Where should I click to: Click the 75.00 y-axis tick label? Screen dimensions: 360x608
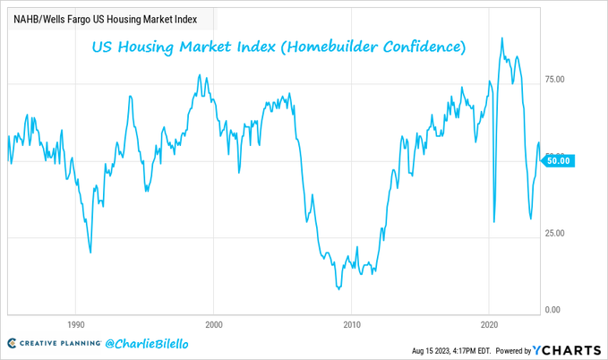coord(555,80)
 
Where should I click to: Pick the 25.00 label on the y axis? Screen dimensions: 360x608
coord(555,234)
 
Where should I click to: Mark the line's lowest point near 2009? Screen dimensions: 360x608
coord(338,288)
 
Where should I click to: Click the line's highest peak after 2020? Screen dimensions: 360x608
coord(501,39)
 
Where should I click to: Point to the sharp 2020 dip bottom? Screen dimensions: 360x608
coord(494,222)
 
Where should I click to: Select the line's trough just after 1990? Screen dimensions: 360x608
coord(90,253)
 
